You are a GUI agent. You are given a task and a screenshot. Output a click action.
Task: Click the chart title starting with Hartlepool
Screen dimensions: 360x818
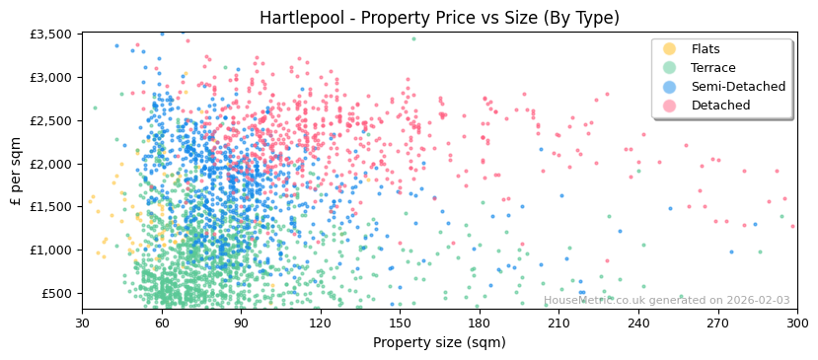click(x=439, y=18)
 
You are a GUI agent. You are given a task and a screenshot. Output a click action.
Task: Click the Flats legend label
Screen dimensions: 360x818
click(x=705, y=49)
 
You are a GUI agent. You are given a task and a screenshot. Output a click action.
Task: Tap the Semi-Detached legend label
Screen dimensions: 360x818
click(x=738, y=87)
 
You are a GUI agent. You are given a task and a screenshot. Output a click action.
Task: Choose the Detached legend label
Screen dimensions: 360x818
click(x=719, y=106)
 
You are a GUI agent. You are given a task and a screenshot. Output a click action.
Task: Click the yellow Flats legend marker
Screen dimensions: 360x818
click(x=670, y=49)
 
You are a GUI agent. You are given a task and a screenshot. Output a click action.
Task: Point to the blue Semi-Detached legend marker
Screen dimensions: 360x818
click(x=670, y=87)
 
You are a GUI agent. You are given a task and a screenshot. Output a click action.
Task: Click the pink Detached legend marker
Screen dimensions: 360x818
click(x=670, y=106)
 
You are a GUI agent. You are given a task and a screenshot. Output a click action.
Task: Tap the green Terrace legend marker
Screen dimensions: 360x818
click(x=670, y=68)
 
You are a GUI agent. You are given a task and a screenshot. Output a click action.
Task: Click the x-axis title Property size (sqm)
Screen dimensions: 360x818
click(x=439, y=343)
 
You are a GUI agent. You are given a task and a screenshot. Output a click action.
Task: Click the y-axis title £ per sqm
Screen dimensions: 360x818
click(x=16, y=173)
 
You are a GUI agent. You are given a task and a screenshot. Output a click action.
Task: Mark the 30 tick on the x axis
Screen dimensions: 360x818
click(x=83, y=323)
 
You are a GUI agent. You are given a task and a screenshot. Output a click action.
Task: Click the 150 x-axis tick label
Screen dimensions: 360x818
click(x=400, y=323)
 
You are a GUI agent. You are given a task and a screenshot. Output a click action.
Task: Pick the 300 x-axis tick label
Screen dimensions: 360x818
click(x=796, y=323)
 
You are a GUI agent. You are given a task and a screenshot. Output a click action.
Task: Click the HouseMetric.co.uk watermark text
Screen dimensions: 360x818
click(x=666, y=301)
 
